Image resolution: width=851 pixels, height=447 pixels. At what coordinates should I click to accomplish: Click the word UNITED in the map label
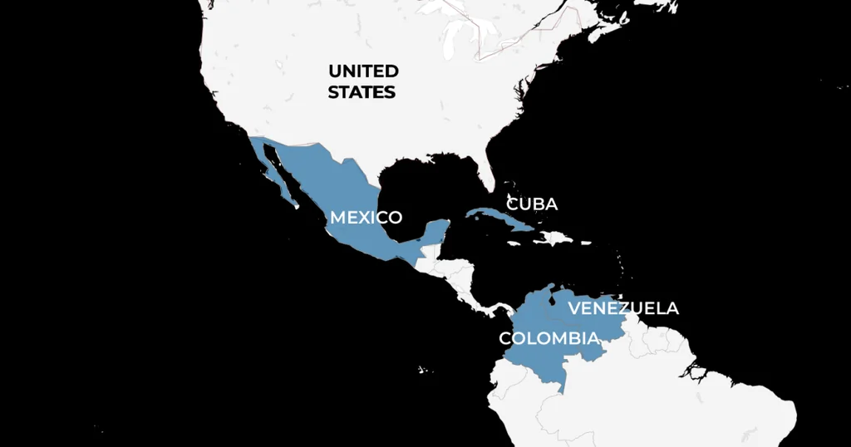coord(363,71)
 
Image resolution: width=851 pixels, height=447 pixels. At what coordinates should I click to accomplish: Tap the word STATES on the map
coord(362,92)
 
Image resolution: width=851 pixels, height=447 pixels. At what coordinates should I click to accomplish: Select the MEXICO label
coord(366,218)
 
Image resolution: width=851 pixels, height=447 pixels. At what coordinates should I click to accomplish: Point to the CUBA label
coord(532,204)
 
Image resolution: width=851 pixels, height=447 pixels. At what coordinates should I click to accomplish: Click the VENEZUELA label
coord(623,308)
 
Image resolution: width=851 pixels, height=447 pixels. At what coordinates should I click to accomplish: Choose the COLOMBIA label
coord(548,338)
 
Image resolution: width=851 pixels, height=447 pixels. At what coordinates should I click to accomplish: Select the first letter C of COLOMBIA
coord(505,338)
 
